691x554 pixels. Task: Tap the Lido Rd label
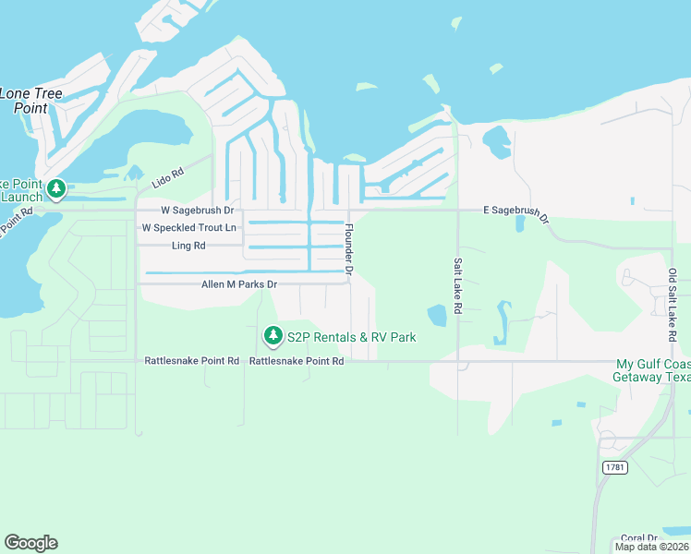coord(169,173)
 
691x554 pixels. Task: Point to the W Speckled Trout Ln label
coord(188,227)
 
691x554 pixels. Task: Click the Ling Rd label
coord(188,246)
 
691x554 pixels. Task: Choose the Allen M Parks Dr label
coord(239,284)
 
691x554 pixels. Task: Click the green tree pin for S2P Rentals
coord(273,335)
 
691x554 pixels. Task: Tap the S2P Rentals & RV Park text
coord(351,337)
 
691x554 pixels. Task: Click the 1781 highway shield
coord(614,467)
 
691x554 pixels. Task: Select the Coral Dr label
coord(638,537)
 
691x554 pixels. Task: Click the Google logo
coord(31,543)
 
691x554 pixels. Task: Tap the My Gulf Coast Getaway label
coord(652,370)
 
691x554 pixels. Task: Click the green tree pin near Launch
coord(56,188)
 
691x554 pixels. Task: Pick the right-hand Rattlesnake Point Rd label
coord(297,361)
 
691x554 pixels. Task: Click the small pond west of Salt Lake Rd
coord(436,315)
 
